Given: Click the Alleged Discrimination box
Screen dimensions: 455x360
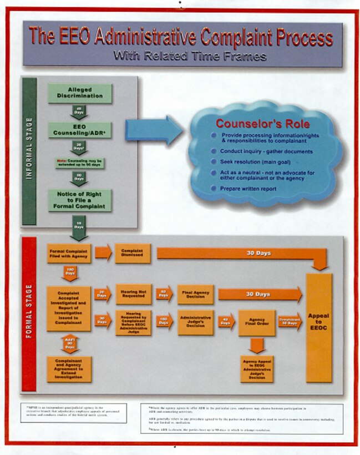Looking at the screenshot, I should (x=80, y=93).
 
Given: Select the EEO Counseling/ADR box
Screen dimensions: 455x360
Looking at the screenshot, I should (x=80, y=130).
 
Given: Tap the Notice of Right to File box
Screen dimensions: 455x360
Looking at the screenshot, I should (x=80, y=200).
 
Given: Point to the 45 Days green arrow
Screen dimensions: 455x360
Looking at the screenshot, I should (x=79, y=111).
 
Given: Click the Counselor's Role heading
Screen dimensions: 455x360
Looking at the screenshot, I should (x=262, y=123).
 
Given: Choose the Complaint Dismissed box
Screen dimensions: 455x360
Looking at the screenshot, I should (x=133, y=253).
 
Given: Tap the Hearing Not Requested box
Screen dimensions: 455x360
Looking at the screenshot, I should (x=133, y=294).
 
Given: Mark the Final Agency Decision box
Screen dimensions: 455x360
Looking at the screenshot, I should (x=195, y=294).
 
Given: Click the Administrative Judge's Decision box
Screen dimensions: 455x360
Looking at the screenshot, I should (x=195, y=322).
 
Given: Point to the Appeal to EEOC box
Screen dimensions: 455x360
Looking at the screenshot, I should (x=318, y=327).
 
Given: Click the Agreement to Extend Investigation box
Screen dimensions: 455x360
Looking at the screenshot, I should (x=69, y=369).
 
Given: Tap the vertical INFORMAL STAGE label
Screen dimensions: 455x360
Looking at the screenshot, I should (x=29, y=150).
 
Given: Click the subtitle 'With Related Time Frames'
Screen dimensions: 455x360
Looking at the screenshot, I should (x=190, y=56).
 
